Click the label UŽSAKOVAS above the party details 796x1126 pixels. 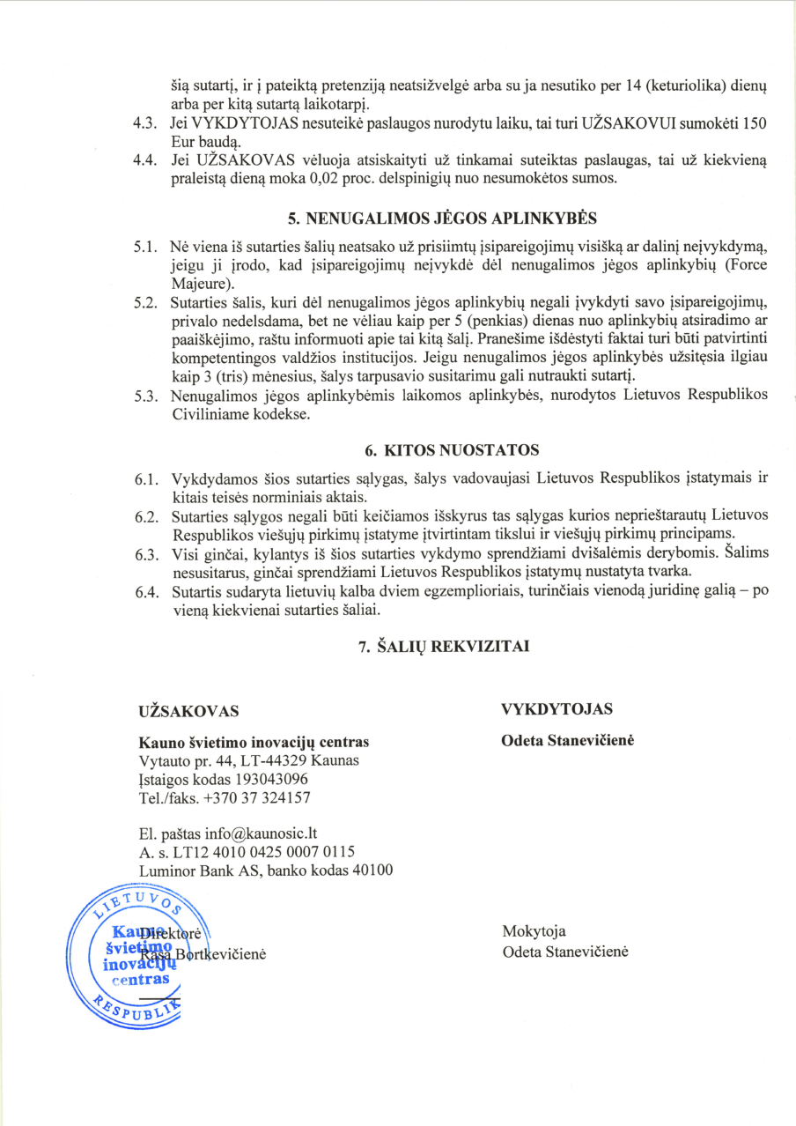click(188, 711)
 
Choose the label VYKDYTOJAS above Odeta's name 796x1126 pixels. click(556, 709)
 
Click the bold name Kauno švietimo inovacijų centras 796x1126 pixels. click(254, 742)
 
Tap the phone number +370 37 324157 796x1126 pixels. click(256, 798)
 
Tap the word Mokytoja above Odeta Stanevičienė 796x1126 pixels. click(534, 931)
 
